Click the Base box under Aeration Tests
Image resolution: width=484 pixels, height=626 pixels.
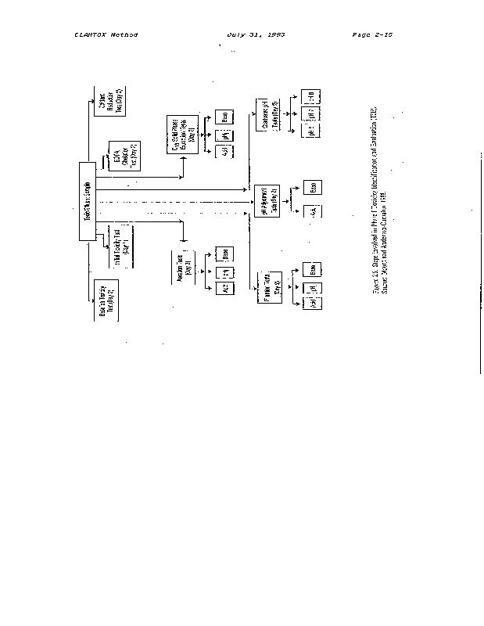tap(224, 254)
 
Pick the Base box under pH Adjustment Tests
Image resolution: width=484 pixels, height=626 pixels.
tap(310, 187)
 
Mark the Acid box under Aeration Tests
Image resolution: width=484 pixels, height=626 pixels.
tap(224, 289)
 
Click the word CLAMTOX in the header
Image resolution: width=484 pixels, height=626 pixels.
tap(89, 35)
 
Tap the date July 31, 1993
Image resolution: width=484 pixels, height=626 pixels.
tap(255, 35)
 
